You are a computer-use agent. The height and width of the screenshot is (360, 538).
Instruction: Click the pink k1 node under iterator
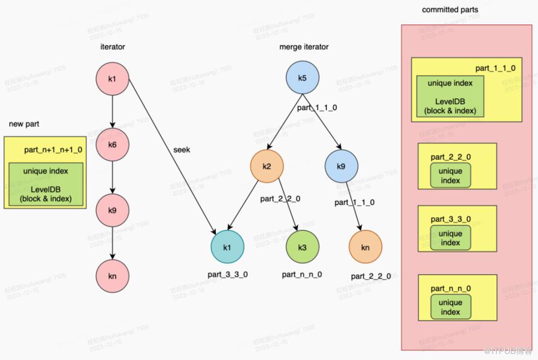click(x=112, y=79)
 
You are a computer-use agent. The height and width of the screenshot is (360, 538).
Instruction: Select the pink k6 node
click(x=112, y=145)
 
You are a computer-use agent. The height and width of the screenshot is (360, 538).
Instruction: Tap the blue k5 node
click(x=302, y=79)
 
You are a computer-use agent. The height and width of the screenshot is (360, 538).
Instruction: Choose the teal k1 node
click(x=227, y=247)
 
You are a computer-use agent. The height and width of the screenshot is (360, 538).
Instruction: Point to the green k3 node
click(x=302, y=247)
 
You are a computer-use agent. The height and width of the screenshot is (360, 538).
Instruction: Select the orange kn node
click(x=365, y=247)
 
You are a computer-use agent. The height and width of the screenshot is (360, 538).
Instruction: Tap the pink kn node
click(x=112, y=277)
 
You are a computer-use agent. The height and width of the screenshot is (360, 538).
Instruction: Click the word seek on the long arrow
click(x=181, y=149)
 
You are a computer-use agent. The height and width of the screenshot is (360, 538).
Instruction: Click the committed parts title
click(x=449, y=10)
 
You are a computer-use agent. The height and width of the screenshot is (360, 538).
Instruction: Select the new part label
click(x=24, y=124)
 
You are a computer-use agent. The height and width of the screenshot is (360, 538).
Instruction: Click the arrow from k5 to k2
click(x=284, y=122)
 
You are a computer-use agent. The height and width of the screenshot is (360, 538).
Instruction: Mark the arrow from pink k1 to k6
click(x=112, y=112)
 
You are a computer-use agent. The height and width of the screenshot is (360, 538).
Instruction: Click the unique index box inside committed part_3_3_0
click(x=450, y=238)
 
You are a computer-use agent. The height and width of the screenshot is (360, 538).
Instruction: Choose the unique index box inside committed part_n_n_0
click(x=450, y=307)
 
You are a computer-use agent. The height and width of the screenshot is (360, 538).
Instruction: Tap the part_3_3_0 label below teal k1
click(x=227, y=274)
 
